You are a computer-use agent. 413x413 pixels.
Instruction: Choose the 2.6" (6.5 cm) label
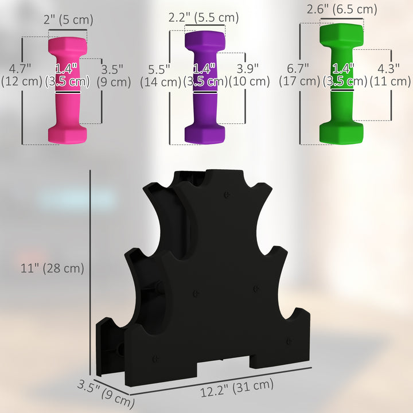342,9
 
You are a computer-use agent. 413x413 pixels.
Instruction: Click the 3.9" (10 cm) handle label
250,75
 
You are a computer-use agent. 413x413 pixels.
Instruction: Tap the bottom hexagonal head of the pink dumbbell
68,133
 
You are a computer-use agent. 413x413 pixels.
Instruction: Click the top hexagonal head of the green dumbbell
341,33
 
